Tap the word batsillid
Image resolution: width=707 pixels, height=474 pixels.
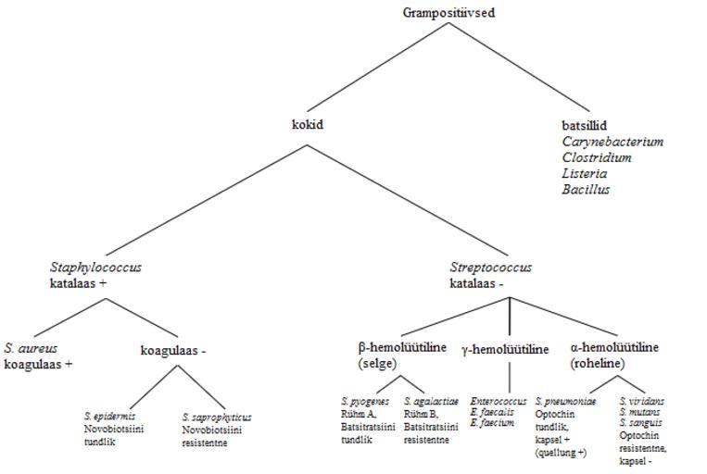tap(586, 125)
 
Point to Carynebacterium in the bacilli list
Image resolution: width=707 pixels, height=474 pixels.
tap(612, 142)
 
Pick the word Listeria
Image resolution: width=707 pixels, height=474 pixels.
tap(585, 173)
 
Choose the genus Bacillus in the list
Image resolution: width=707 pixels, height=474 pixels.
tap(586, 189)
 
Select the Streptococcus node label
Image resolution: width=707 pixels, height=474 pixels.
tap(491, 268)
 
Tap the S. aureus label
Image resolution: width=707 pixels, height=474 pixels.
tap(31, 348)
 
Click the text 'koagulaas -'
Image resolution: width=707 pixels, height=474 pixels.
tap(172, 350)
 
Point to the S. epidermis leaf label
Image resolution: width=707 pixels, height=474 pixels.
tap(109, 416)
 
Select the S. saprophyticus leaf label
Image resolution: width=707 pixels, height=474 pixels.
tap(217, 417)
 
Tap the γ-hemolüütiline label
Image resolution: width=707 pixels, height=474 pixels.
tap(505, 349)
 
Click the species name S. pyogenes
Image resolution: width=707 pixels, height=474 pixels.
tap(365, 402)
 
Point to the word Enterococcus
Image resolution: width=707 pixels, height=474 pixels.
tap(498, 402)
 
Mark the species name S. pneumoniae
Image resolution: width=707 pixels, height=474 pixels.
tap(566, 402)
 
